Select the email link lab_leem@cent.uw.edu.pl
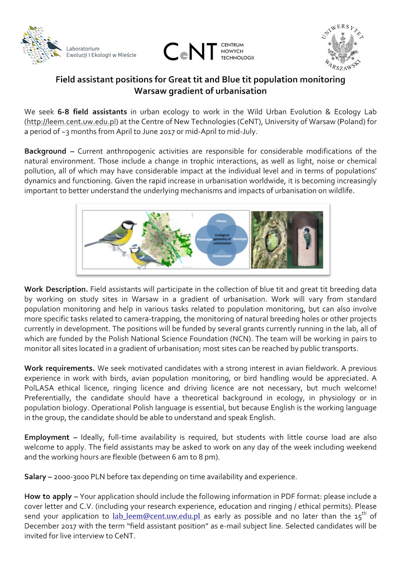[x=156, y=516]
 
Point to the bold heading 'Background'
[x=45, y=151]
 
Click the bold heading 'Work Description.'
[x=56, y=289]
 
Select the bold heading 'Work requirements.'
[x=59, y=368]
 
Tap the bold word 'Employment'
[x=47, y=437]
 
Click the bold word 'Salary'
[x=35, y=477]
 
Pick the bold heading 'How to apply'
[x=48, y=496]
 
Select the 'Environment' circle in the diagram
[x=222, y=255]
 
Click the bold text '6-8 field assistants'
[x=92, y=112]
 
